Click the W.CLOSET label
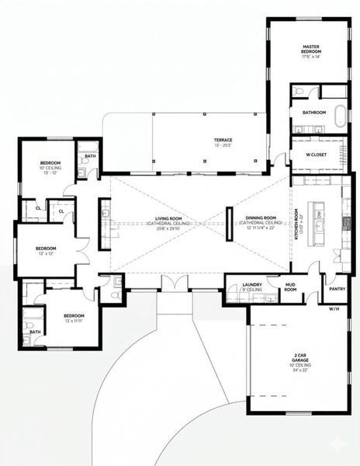[x=313, y=154]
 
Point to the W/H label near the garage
[x=334, y=309]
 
